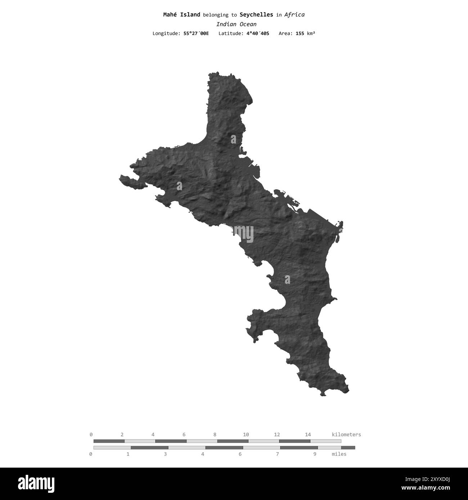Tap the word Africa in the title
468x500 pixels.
(x=294, y=15)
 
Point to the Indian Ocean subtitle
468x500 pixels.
(x=236, y=24)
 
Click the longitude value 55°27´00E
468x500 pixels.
(x=196, y=33)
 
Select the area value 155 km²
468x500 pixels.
(x=305, y=33)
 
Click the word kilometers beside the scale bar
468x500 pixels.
(x=346, y=435)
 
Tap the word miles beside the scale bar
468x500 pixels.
(x=339, y=454)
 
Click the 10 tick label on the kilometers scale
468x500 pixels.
(x=246, y=435)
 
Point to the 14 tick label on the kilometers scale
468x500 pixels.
(x=308, y=435)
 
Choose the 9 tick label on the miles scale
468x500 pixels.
(x=315, y=454)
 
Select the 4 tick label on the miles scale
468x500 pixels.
(x=203, y=454)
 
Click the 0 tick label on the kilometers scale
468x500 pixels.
(x=91, y=435)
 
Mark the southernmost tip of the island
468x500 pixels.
(x=323, y=395)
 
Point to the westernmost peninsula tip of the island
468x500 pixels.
(x=121, y=177)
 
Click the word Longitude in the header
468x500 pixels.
(x=166, y=33)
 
